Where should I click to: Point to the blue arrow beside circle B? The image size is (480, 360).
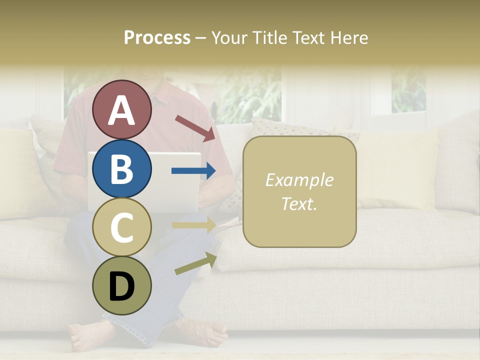click(193, 171)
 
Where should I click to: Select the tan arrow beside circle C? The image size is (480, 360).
click(193, 225)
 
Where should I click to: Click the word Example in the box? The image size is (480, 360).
click(299, 180)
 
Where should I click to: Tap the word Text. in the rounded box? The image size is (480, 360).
click(299, 204)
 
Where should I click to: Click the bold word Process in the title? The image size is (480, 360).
click(157, 37)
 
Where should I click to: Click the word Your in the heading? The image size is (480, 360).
click(229, 37)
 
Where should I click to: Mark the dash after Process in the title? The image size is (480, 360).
click(201, 38)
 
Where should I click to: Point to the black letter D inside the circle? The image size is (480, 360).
click(121, 286)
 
